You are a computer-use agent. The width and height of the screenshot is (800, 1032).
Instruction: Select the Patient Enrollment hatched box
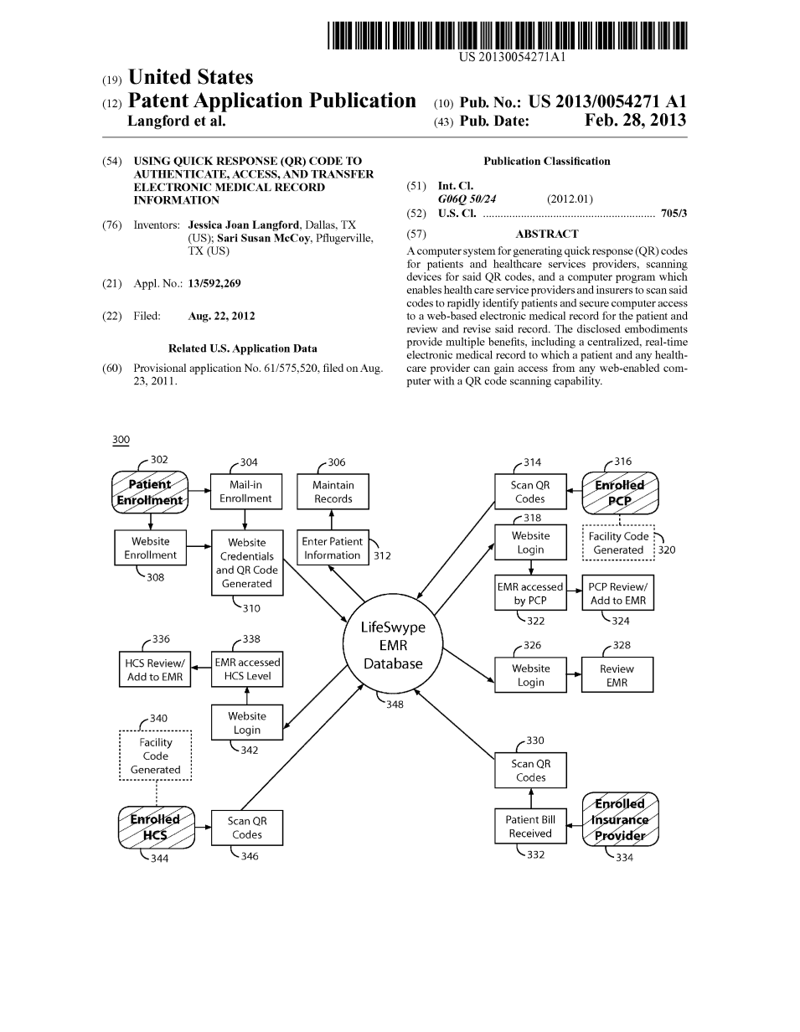click(x=150, y=492)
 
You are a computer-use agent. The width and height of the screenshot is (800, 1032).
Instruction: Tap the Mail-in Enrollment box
click(x=245, y=492)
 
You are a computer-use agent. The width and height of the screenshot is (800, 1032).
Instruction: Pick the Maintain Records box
click(x=333, y=492)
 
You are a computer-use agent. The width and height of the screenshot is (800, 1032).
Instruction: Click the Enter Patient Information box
click(x=333, y=549)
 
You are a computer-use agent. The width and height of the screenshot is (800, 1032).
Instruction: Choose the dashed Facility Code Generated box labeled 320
click(x=618, y=543)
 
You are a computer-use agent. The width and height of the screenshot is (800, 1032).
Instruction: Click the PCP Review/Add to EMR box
click(x=617, y=594)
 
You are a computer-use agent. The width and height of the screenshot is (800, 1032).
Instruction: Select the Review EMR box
click(x=617, y=675)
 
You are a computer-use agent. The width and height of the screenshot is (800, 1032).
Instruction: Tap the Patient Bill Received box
click(x=530, y=827)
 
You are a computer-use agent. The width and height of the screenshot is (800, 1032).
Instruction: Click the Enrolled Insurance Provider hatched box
click(x=620, y=819)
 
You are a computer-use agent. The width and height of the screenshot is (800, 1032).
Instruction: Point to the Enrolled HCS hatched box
click(x=155, y=827)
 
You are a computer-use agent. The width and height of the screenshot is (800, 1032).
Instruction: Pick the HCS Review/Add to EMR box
click(x=155, y=670)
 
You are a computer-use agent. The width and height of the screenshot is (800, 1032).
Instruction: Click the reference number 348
click(x=395, y=704)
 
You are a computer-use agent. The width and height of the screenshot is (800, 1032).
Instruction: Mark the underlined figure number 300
click(x=121, y=441)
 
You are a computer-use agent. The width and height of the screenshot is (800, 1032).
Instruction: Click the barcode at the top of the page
click(x=507, y=36)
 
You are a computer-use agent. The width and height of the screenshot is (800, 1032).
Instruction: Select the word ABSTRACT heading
click(x=546, y=235)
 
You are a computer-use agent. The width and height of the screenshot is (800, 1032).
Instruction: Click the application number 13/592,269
click(x=214, y=284)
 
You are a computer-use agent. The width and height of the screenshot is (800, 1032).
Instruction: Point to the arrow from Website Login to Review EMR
click(x=574, y=674)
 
